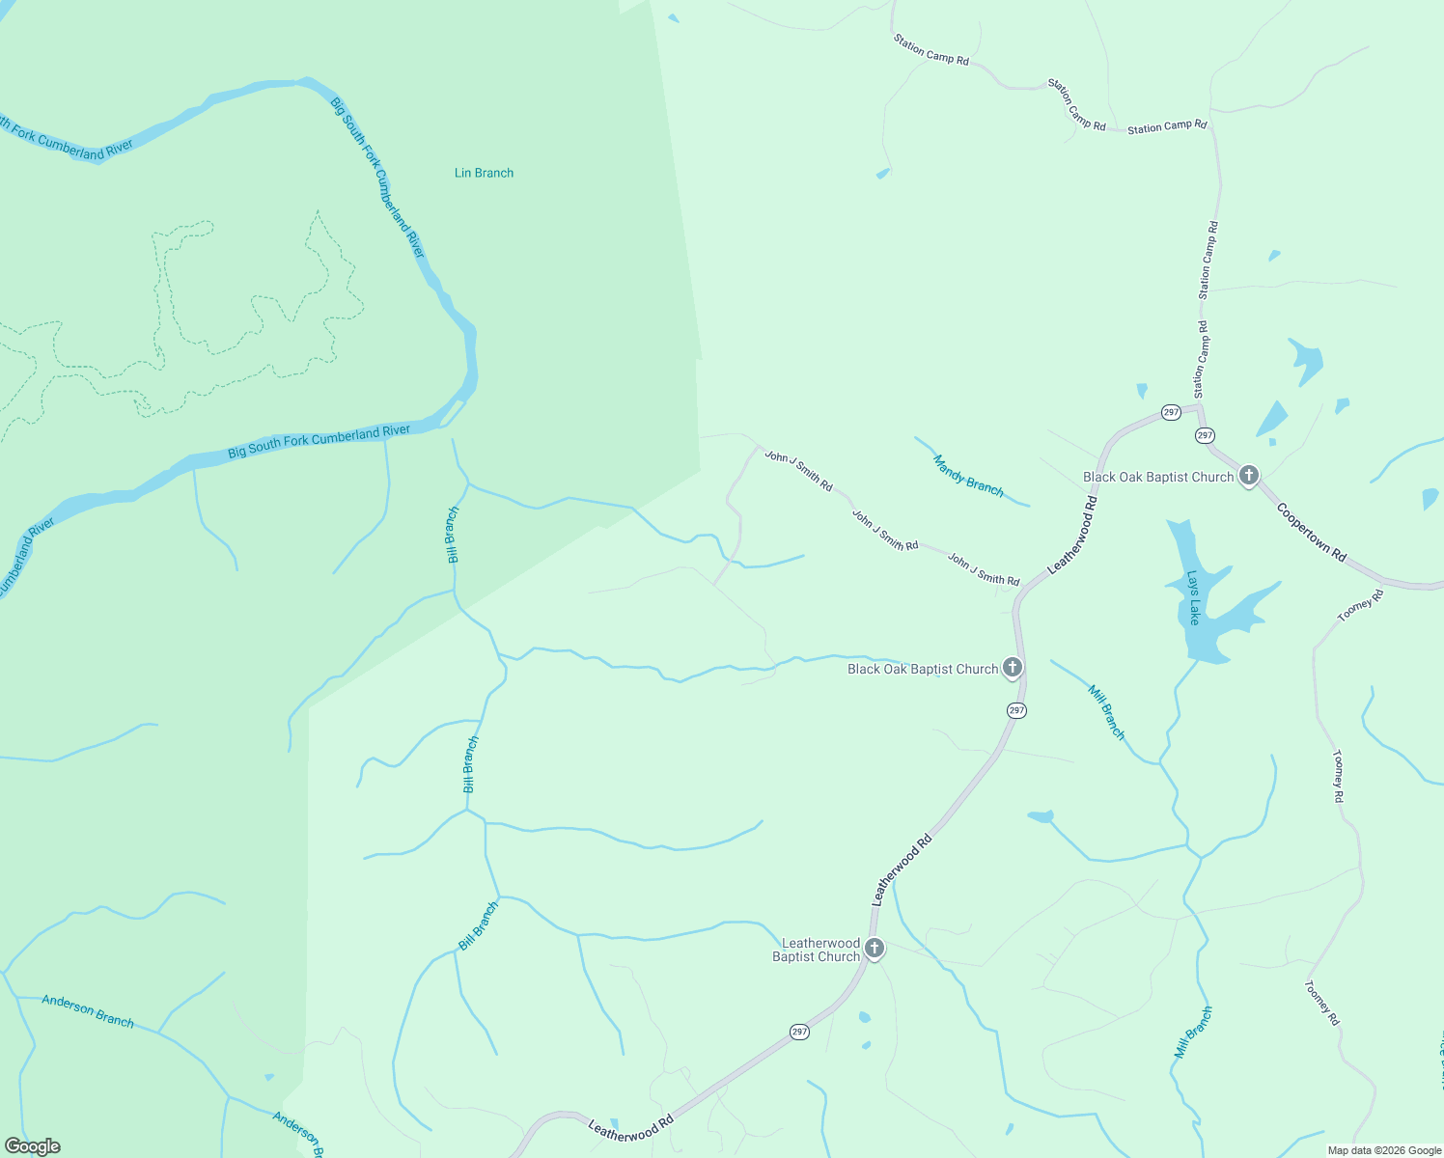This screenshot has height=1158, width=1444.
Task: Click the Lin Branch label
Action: pyautogui.click(x=484, y=173)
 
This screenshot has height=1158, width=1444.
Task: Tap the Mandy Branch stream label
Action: pyautogui.click(x=968, y=476)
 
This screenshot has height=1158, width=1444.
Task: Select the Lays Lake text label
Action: pyautogui.click(x=1194, y=598)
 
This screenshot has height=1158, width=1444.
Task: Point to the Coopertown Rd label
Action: pyautogui.click(x=1311, y=533)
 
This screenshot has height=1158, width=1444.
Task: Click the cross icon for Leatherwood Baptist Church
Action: pyautogui.click(x=875, y=949)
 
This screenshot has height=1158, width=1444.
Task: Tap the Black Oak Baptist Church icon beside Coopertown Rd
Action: pyautogui.click(x=1249, y=476)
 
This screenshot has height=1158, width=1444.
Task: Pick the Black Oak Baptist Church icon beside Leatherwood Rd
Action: pyautogui.click(x=1013, y=668)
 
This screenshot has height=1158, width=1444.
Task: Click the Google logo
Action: pyautogui.click(x=32, y=1146)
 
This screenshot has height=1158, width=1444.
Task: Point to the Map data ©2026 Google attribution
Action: pyautogui.click(x=1383, y=1150)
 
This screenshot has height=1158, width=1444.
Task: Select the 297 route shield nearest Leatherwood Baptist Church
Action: pyautogui.click(x=799, y=1032)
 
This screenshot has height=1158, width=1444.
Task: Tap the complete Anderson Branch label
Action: pyautogui.click(x=88, y=1011)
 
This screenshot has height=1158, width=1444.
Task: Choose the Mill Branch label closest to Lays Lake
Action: pyautogui.click(x=1106, y=712)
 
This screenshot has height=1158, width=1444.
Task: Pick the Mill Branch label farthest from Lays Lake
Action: pyautogui.click(x=1193, y=1033)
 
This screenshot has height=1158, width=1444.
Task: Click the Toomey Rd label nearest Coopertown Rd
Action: pyautogui.click(x=1361, y=605)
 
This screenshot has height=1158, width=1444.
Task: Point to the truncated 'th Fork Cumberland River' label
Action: pyautogui.click(x=66, y=141)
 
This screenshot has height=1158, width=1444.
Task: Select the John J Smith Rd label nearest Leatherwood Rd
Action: pyautogui.click(x=984, y=569)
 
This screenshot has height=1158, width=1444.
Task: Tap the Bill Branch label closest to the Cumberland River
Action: pyautogui.click(x=452, y=535)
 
